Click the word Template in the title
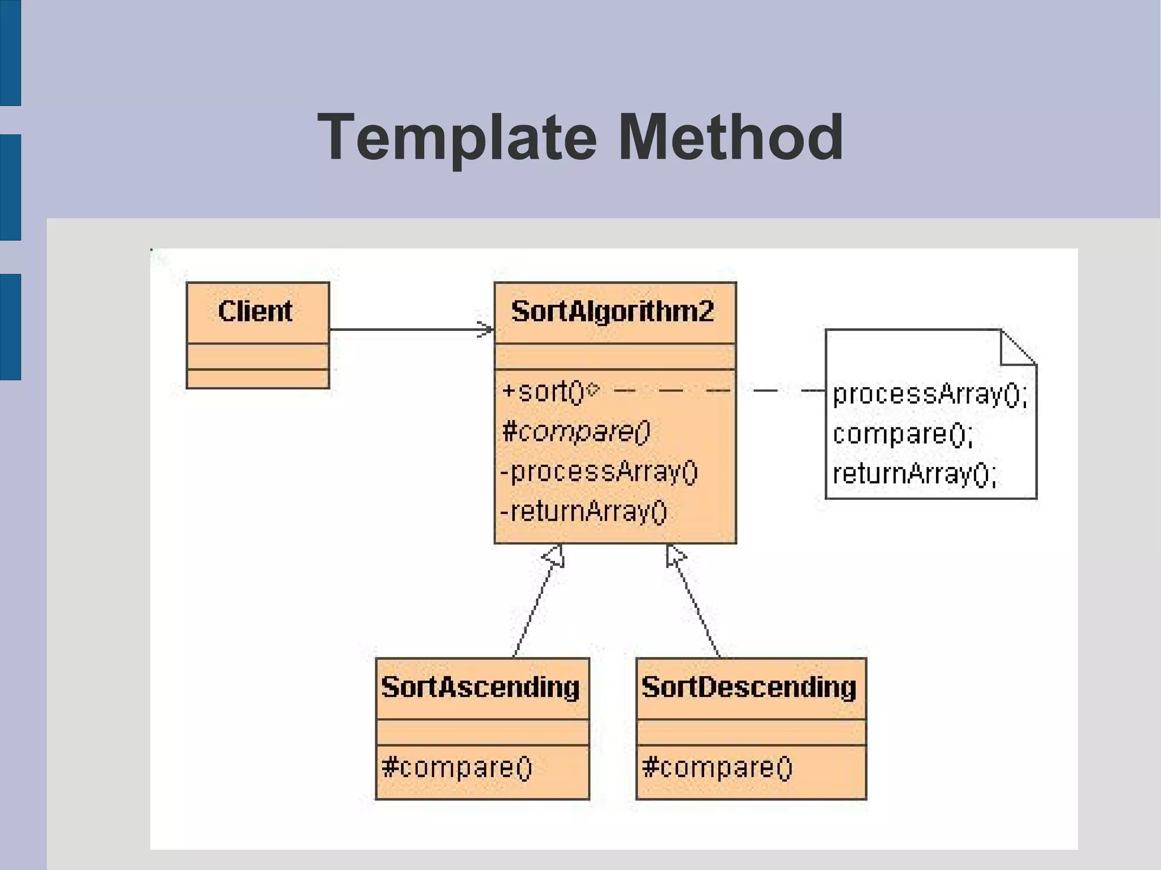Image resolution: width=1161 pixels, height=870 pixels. pyautogui.click(x=457, y=138)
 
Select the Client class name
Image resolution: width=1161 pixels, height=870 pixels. pyautogui.click(x=255, y=311)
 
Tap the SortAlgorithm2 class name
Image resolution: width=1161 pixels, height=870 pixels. pyautogui.click(x=612, y=311)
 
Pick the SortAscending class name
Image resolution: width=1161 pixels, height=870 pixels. pyautogui.click(x=480, y=687)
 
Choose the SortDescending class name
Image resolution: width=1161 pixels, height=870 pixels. pyautogui.click(x=748, y=687)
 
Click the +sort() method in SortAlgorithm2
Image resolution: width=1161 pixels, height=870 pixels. pyautogui.click(x=543, y=392)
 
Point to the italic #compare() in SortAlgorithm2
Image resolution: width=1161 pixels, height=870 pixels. pyautogui.click(x=575, y=432)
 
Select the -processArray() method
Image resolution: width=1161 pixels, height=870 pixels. pyautogui.click(x=599, y=472)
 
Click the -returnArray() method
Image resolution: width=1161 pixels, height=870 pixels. pyautogui.click(x=583, y=511)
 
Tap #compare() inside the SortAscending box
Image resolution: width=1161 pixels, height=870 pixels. pyautogui.click(x=457, y=768)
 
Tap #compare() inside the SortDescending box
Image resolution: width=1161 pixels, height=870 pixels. pyautogui.click(x=717, y=768)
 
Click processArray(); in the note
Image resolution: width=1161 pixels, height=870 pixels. pyautogui.click(x=930, y=394)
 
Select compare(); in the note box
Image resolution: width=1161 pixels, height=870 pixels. pyautogui.click(x=902, y=434)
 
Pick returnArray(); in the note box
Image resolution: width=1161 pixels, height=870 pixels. pyautogui.click(x=914, y=474)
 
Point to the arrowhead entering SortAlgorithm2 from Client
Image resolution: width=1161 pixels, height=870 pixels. pyautogui.click(x=486, y=329)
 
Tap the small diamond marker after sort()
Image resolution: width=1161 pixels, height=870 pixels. pyautogui.click(x=592, y=389)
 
